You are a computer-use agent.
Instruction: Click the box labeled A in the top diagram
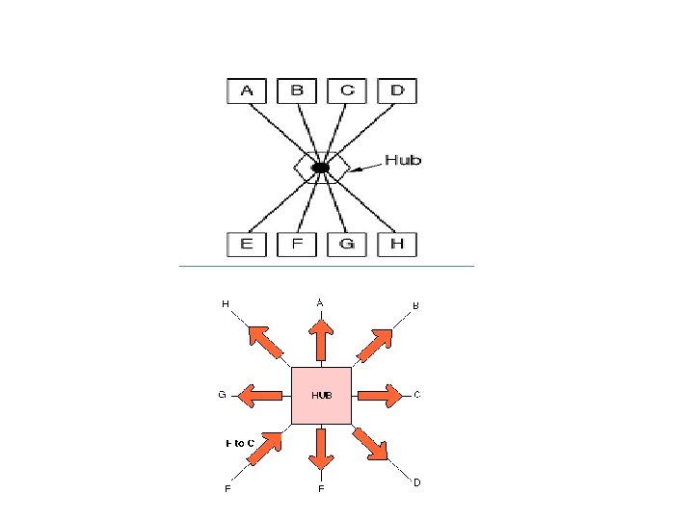247,91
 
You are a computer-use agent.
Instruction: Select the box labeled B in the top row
297,91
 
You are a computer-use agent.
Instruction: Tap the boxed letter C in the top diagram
347,91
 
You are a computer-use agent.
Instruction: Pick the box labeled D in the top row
397,91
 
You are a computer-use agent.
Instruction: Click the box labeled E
247,245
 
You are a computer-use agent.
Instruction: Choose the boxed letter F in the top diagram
297,245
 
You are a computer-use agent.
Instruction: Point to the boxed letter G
347,245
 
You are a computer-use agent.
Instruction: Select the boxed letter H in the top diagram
397,245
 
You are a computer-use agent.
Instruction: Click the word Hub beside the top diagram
403,160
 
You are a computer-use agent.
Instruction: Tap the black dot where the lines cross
321,168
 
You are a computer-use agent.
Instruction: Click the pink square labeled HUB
321,395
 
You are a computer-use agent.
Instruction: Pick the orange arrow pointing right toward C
379,395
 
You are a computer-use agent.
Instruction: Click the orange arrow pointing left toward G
261,395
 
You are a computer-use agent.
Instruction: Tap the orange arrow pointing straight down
321,447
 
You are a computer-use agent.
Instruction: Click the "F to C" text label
240,443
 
